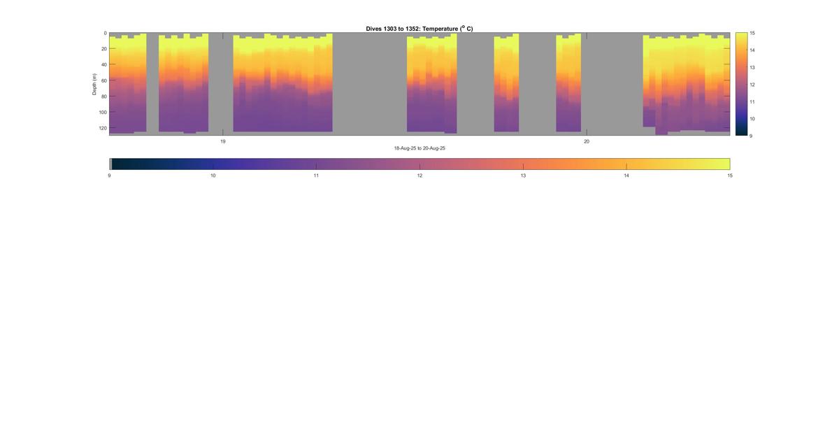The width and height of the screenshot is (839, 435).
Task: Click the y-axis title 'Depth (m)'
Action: [x=94, y=84]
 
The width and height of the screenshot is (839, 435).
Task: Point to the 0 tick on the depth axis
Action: [x=105, y=33]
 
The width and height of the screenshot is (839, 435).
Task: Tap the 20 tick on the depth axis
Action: [x=103, y=49]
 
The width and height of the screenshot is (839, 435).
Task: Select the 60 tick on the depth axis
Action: [x=103, y=80]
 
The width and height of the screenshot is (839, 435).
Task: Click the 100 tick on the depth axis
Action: [x=102, y=112]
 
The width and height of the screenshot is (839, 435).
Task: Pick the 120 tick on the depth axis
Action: [x=102, y=128]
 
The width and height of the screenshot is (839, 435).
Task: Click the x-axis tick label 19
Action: [x=223, y=141]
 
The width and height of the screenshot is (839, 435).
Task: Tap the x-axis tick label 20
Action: [x=587, y=141]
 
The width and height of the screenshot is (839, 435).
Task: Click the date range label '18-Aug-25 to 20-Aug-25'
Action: [x=419, y=148]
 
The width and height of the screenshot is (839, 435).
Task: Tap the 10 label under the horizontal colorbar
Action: [x=213, y=176]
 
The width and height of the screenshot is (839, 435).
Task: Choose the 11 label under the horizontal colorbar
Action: [x=316, y=176]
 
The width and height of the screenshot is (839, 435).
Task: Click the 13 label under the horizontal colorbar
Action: [x=523, y=176]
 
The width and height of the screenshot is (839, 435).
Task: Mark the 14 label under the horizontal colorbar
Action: [x=626, y=176]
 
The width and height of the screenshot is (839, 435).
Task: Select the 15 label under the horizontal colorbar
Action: [x=729, y=176]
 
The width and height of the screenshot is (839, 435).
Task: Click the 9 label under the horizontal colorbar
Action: [x=110, y=176]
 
